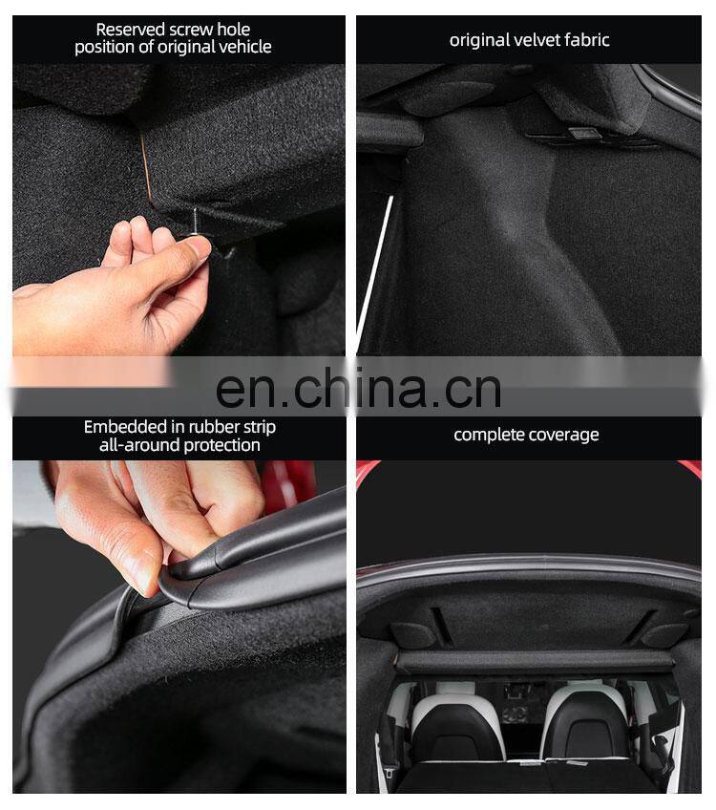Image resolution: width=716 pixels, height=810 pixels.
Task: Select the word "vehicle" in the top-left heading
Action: point(244,48)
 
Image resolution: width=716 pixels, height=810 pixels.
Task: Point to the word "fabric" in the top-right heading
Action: point(586,40)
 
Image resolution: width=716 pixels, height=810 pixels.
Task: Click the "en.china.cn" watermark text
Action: point(358,388)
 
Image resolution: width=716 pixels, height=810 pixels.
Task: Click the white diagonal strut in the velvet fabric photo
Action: point(375,271)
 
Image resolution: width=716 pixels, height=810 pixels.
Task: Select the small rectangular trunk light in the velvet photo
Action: point(582,134)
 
